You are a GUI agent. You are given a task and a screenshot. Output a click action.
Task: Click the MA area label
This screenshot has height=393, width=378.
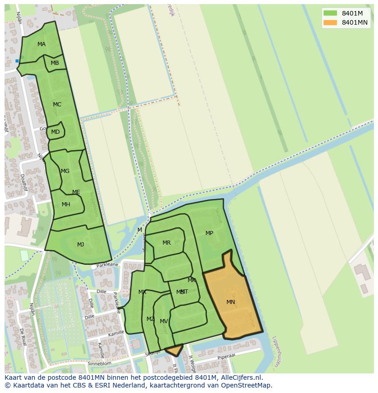(42, 44)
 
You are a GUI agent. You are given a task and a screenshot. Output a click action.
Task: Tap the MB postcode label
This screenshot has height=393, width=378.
(55, 63)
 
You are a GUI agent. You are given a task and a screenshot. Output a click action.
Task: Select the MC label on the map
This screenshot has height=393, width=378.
(57, 105)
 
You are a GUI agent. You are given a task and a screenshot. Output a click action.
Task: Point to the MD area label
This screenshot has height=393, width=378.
(55, 132)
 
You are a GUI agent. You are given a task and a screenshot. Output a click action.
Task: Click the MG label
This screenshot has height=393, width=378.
(65, 171)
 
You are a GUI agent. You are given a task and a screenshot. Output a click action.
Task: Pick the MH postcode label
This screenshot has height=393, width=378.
(66, 204)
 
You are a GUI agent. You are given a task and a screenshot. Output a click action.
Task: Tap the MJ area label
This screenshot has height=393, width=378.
(80, 245)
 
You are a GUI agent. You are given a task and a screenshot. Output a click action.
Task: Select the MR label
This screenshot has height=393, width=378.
(167, 243)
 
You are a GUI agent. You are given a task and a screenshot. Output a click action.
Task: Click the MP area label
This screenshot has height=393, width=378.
(209, 233)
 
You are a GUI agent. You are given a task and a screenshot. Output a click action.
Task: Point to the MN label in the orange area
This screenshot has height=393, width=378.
(231, 302)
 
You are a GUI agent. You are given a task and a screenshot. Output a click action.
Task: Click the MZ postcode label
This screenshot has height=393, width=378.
(150, 319)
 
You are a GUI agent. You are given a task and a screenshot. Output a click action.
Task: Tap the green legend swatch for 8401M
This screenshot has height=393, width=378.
(330, 13)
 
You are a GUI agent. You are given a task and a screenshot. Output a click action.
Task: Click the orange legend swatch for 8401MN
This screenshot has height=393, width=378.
(330, 22)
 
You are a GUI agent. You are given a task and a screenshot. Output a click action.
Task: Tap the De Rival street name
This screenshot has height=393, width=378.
(22, 336)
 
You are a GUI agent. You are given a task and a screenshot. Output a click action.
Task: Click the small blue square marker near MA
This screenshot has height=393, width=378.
(17, 61)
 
